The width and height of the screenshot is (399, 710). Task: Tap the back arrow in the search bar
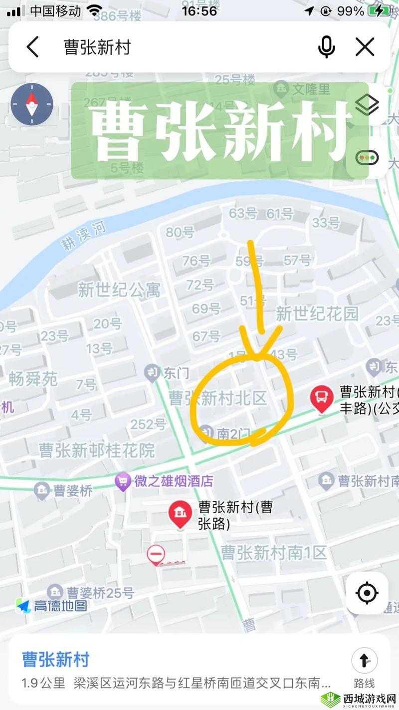pyautogui.click(x=32, y=47)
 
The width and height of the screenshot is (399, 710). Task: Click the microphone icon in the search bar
pyautogui.click(x=327, y=47)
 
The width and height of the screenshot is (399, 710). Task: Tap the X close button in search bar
pyautogui.click(x=365, y=47)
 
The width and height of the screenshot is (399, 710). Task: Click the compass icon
pyautogui.click(x=32, y=104)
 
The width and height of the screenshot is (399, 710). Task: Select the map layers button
pyautogui.click(x=367, y=105)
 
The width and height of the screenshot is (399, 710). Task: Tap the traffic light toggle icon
pyautogui.click(x=367, y=158)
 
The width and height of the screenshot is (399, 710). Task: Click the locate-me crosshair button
pyautogui.click(x=367, y=593)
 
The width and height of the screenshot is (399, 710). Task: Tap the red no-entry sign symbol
pyautogui.click(x=156, y=555)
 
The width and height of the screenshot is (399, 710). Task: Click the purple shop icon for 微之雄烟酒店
pyautogui.click(x=122, y=482)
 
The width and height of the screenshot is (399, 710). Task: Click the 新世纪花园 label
pyautogui.click(x=317, y=314)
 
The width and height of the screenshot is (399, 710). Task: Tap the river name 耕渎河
pyautogui.click(x=83, y=235)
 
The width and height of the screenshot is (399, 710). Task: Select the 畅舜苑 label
pyautogui.click(x=33, y=379)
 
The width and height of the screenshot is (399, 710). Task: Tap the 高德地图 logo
pyautogui.click(x=52, y=606)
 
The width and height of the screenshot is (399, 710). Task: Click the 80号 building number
pyautogui.click(x=180, y=232)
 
